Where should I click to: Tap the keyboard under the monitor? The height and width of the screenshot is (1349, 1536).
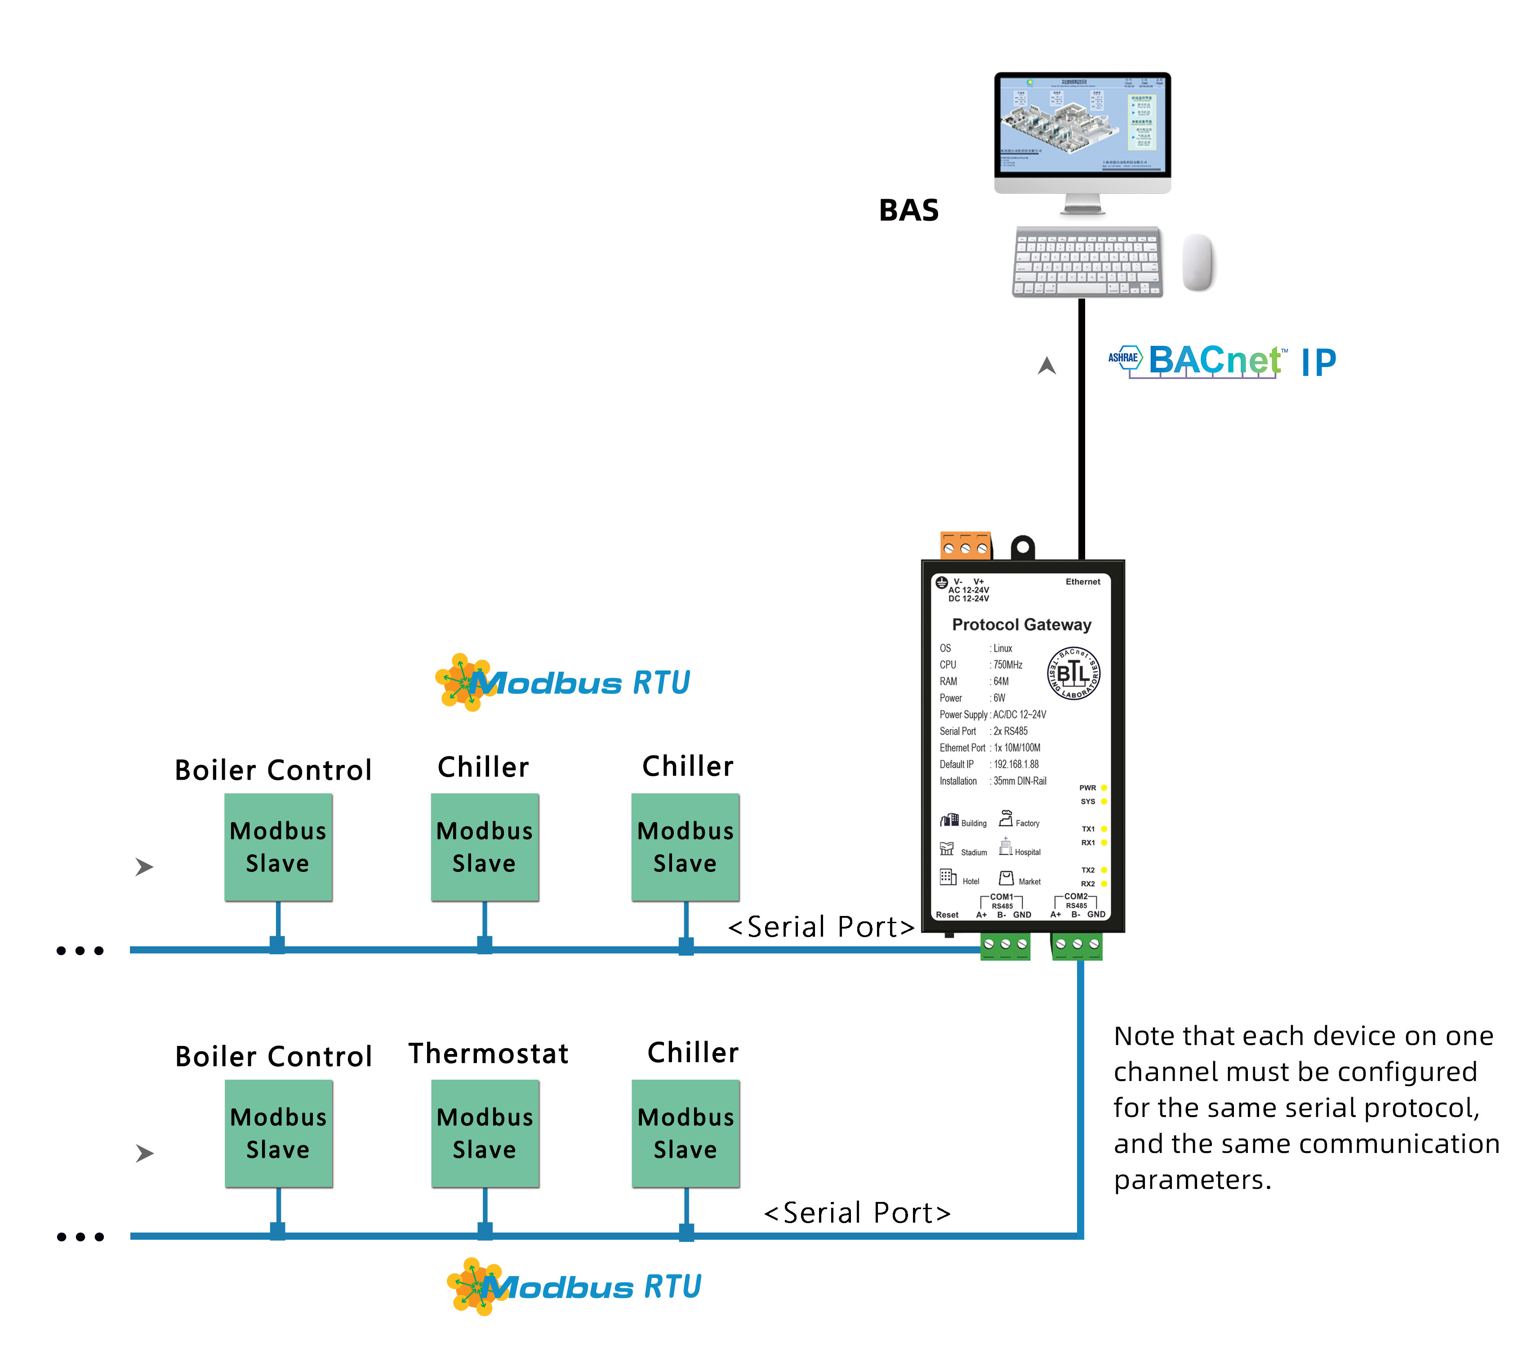click(x=1086, y=262)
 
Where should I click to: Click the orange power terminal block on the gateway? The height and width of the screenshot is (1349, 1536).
click(x=966, y=545)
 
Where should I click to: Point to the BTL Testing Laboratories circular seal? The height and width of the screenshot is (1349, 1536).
click(x=1074, y=673)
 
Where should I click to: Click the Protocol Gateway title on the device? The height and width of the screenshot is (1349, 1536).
click(x=1021, y=625)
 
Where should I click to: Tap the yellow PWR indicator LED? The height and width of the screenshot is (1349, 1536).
click(x=1104, y=788)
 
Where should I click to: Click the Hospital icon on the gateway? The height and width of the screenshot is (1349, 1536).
click(x=1006, y=847)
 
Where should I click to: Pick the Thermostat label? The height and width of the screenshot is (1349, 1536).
click(x=489, y=1054)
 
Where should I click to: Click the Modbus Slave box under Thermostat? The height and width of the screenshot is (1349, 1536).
click(x=485, y=1133)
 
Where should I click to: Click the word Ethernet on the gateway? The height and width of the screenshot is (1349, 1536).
click(x=1082, y=582)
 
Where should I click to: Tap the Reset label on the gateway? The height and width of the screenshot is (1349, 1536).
click(x=947, y=915)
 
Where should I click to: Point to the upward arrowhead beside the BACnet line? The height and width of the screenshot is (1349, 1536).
click(x=1047, y=366)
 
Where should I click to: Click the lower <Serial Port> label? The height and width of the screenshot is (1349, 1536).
click(x=857, y=1213)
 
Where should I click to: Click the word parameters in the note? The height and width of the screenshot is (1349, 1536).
click(x=1192, y=1180)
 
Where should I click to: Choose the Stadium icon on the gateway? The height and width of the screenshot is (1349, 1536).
click(x=947, y=849)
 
